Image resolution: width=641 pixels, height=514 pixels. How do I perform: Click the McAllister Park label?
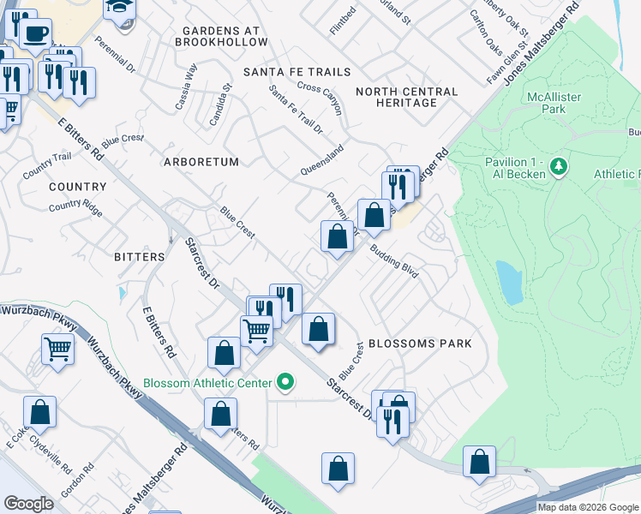pyautogui.click(x=554, y=103)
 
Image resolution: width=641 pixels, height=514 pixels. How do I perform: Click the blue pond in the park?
pyautogui.click(x=509, y=283)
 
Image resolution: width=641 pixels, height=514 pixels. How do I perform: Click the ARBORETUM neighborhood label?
pyautogui.click(x=202, y=161)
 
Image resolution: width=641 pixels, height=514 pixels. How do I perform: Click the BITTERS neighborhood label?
pyautogui.click(x=139, y=256)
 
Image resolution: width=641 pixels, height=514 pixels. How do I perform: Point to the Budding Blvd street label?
pyautogui.click(x=395, y=261)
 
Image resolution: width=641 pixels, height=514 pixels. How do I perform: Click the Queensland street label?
pyautogui.click(x=321, y=160)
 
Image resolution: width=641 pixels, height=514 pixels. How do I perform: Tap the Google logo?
pyautogui.click(x=28, y=503)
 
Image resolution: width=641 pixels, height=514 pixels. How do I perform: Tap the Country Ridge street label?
pyautogui.click(x=75, y=206)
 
